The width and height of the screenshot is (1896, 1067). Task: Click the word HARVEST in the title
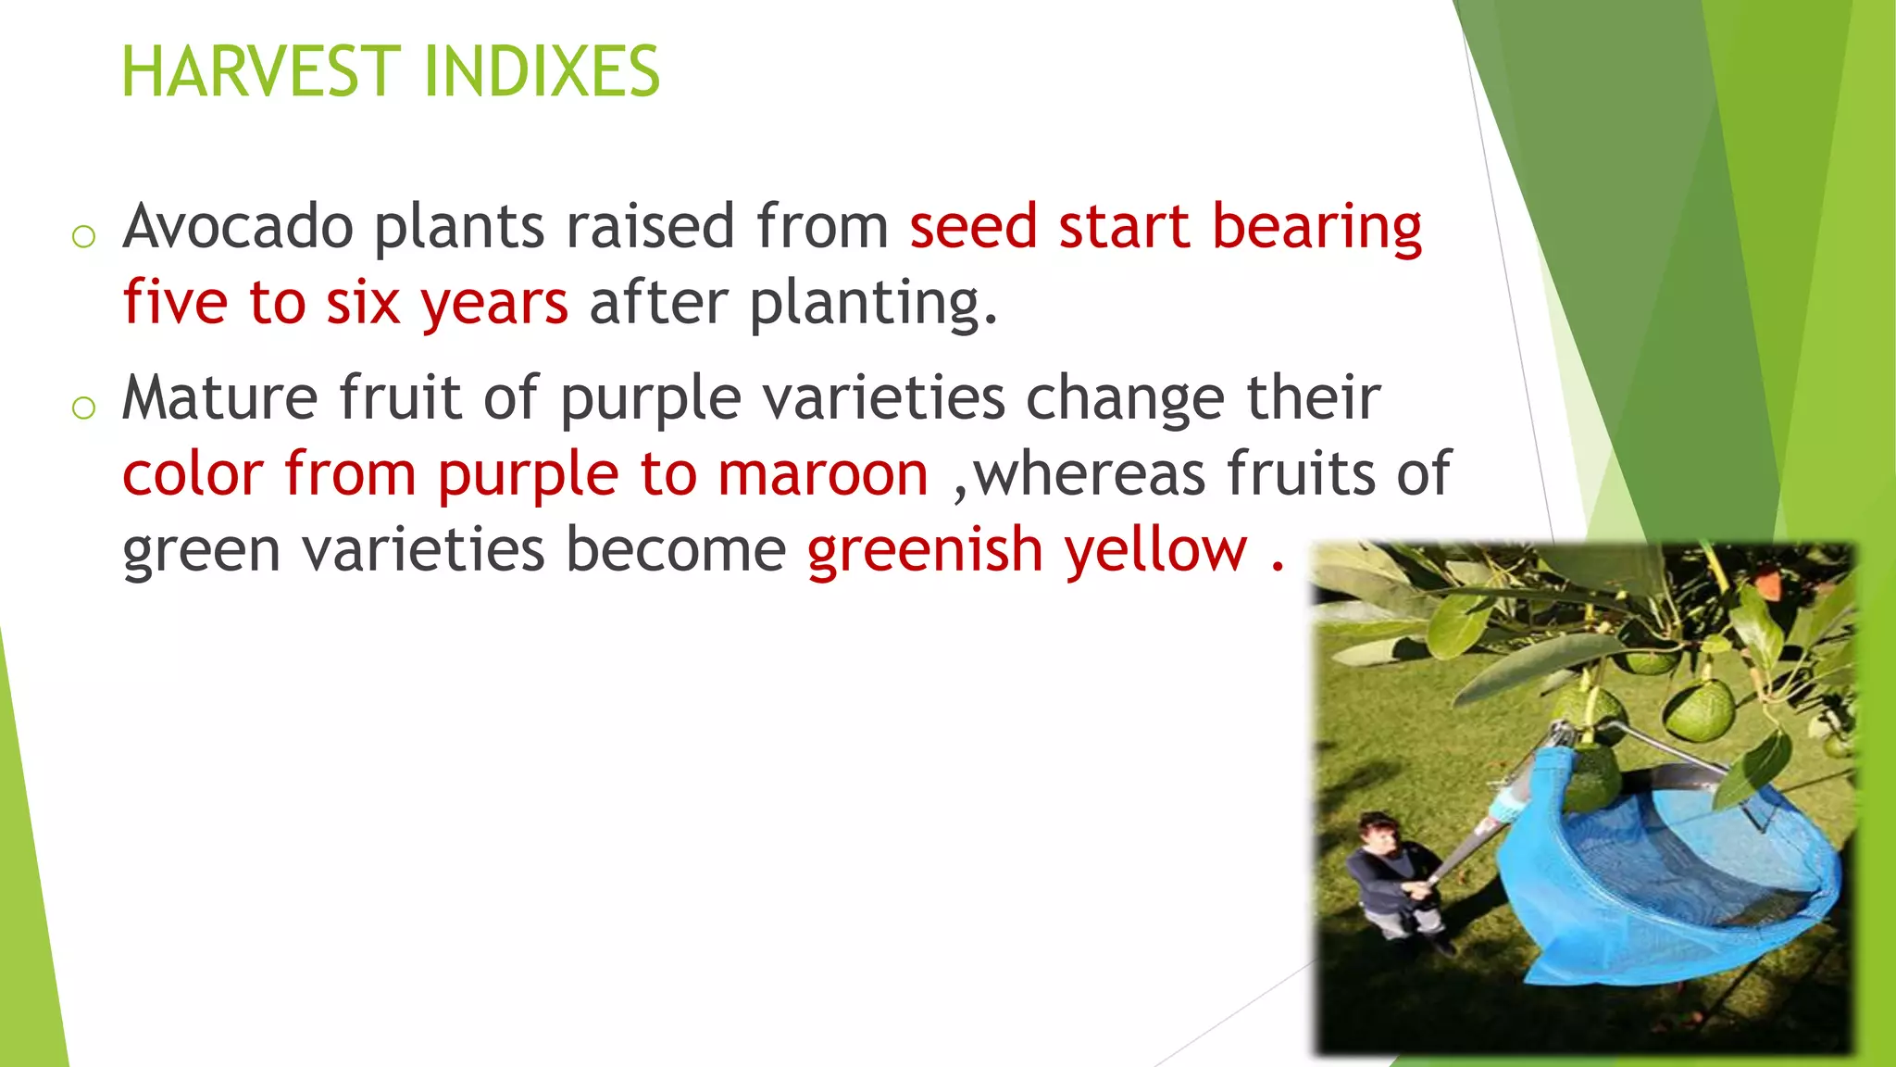262,72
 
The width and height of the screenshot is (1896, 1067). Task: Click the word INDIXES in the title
541,72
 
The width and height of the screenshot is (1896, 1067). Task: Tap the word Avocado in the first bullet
238,227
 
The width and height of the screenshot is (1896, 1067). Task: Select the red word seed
973,227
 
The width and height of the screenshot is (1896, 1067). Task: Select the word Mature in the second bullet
220,398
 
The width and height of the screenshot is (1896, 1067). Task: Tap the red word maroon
823,474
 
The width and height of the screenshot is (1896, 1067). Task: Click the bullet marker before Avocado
83,236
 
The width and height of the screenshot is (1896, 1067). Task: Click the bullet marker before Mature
83,407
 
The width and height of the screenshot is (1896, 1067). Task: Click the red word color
193,474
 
